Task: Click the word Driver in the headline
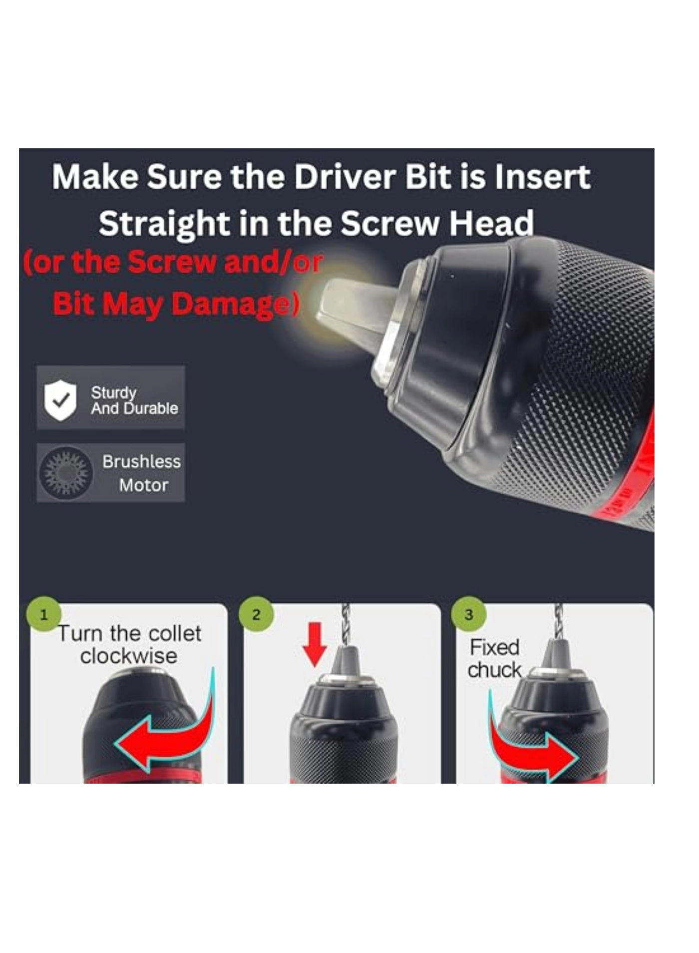(347, 178)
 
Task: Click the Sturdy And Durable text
(134, 400)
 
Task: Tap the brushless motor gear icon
(65, 473)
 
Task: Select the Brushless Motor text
(142, 473)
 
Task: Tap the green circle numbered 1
(43, 614)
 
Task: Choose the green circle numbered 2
(256, 614)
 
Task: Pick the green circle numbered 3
(468, 614)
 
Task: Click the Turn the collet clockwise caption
(130, 644)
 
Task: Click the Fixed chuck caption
(494, 658)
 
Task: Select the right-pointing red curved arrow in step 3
(529, 749)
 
